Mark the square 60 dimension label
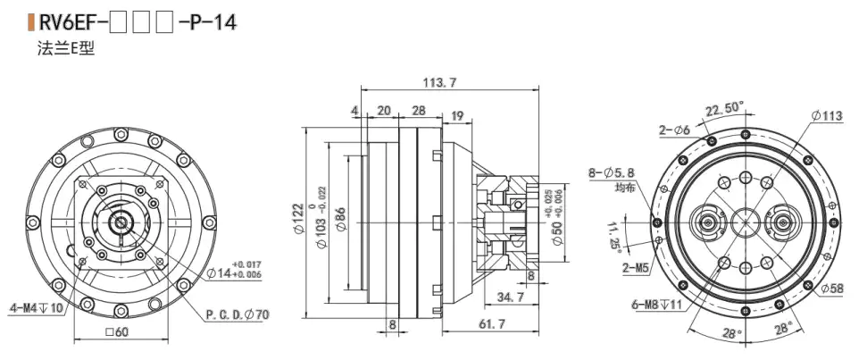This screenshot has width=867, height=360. tap(119, 332)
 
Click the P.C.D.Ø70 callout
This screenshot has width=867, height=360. tap(237, 314)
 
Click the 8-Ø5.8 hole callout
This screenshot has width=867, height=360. tap(612, 172)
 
